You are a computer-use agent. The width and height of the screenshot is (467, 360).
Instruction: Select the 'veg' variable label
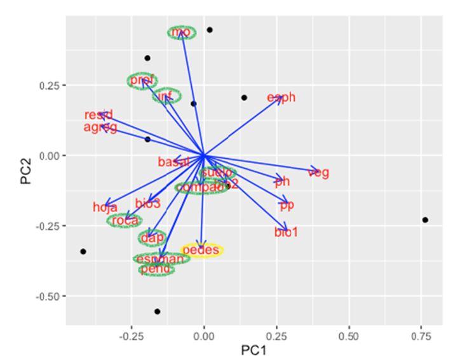[318, 172]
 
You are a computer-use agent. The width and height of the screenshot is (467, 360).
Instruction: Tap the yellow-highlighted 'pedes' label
[201, 250]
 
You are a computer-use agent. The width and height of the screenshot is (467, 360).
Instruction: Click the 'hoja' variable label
[105, 207]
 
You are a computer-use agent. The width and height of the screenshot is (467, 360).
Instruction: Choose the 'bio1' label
[286, 232]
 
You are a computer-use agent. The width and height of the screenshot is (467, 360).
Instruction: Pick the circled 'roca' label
[125, 220]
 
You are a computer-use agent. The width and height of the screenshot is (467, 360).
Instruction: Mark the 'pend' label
[156, 269]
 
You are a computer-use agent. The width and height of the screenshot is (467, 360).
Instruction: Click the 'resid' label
[98, 115]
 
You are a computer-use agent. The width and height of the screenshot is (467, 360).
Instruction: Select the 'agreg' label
[100, 128]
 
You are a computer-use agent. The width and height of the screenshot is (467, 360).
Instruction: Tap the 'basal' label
[173, 162]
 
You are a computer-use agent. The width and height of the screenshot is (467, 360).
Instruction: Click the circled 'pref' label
[142, 81]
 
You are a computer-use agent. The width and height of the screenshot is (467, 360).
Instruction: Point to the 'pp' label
[287, 205]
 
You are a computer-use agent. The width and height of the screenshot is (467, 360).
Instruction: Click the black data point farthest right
[425, 220]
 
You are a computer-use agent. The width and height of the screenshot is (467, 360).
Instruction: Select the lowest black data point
[158, 311]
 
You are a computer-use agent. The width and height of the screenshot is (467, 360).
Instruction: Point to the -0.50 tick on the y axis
[48, 296]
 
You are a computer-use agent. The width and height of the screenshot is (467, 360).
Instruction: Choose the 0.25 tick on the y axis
[50, 86]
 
